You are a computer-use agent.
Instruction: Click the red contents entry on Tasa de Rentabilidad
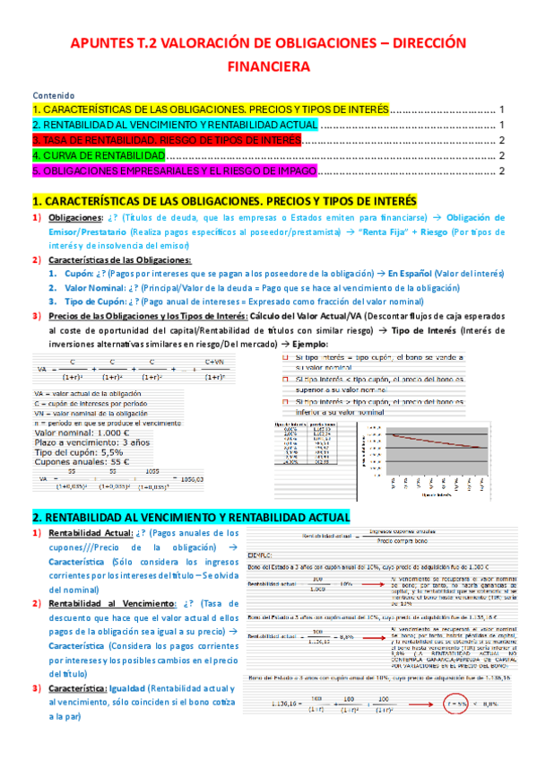point(166,140)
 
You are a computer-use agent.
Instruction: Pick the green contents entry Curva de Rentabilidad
point(99,155)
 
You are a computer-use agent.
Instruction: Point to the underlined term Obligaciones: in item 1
point(75,218)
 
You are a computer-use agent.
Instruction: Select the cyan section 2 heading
point(191,518)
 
